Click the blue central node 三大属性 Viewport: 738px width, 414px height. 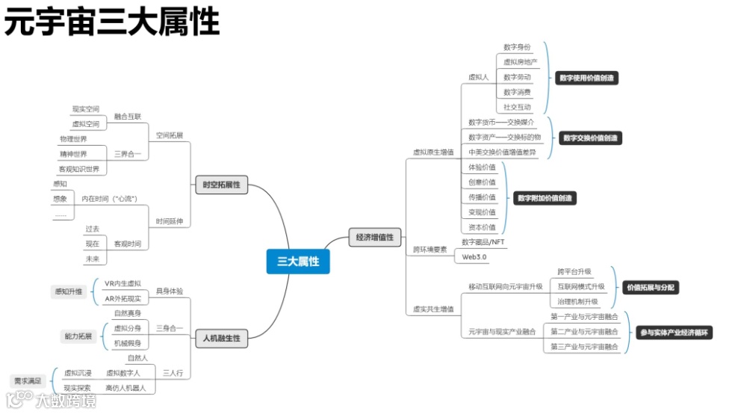tap(298, 262)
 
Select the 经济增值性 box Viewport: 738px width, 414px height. tap(375, 238)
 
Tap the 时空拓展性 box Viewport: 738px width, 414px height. tap(221, 185)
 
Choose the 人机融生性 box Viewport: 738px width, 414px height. tap(221, 339)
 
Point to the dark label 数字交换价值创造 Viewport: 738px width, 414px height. tap(591, 138)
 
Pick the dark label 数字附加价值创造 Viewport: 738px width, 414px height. tap(545, 198)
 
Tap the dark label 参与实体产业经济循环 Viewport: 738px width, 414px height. tap(672, 333)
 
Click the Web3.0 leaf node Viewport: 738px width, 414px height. tap(474, 257)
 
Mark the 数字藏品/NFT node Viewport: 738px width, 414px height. tap(483, 242)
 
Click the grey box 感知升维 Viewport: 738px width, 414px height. tap(68, 291)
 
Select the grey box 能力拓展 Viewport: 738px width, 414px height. tap(77, 336)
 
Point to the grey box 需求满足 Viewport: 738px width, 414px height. tap(28, 381)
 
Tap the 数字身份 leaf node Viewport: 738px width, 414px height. tap(517, 47)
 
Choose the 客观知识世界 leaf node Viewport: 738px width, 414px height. tap(79, 169)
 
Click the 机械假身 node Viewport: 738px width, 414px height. tap(127, 343)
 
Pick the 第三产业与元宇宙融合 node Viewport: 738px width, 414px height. tap(584, 347)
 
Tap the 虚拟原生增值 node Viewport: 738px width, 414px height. tap(433, 152)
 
